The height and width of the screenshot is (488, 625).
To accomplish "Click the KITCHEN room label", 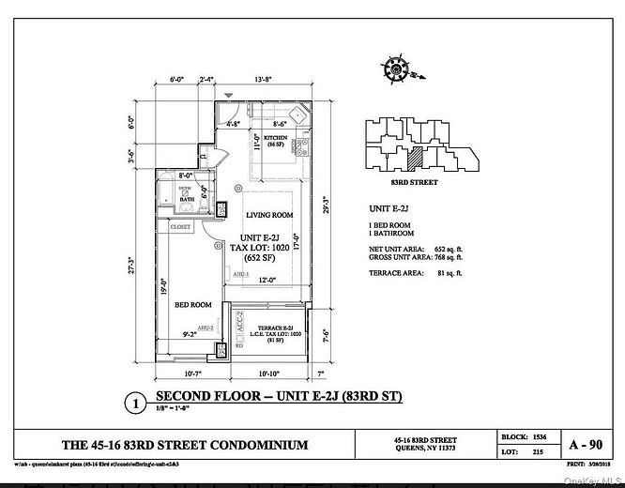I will pos(261,137).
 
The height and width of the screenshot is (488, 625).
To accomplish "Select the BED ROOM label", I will pos(192,305).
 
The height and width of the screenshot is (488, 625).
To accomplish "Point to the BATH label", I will pos(188,198).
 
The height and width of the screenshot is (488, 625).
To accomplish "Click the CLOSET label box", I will pos(180,227).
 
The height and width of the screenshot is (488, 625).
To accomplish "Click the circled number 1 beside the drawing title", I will pos(137,404).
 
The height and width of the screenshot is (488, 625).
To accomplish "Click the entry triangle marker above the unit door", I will pos(228,93).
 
